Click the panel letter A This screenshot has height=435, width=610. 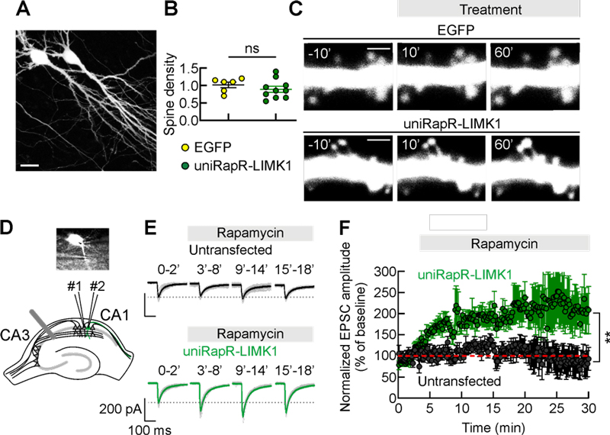click(24, 11)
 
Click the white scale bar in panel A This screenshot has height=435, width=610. click(36, 164)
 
